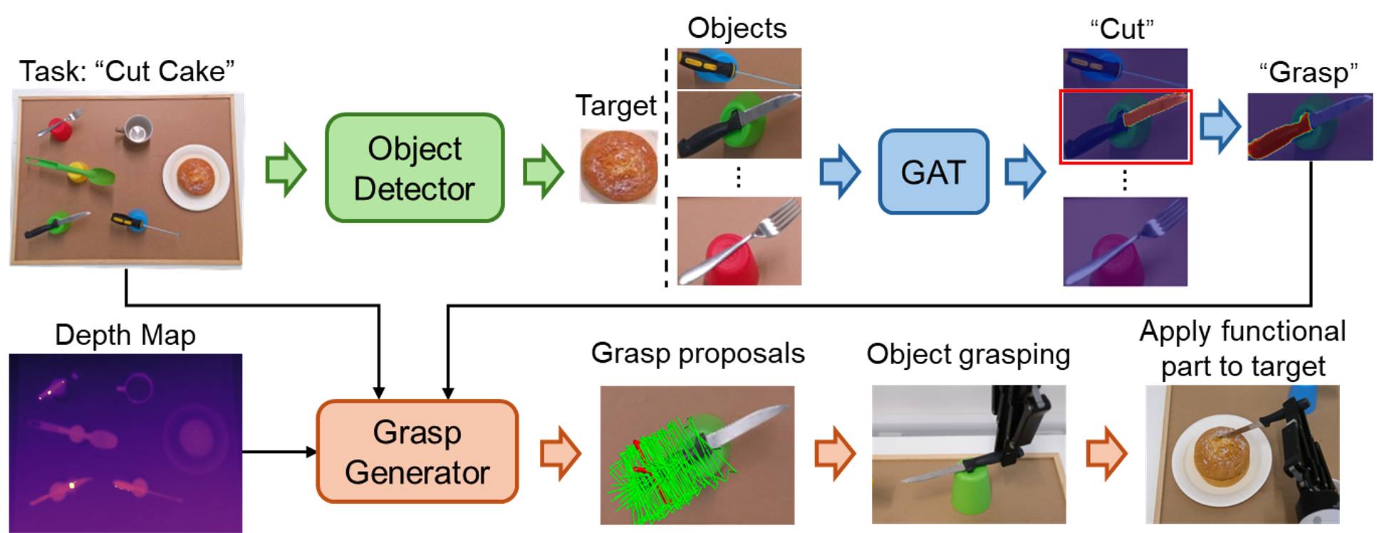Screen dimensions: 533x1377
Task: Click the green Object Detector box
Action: (x=415, y=168)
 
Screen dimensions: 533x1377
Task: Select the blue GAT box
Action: (x=933, y=172)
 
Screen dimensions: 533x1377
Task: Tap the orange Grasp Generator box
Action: (x=417, y=452)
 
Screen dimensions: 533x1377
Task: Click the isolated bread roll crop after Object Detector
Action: (x=618, y=166)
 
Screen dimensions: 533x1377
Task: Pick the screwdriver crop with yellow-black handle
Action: (x=739, y=68)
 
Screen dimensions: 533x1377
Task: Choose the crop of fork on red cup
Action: (x=739, y=241)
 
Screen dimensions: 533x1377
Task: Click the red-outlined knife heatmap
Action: (x=1126, y=127)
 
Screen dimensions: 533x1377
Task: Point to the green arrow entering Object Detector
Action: (x=286, y=170)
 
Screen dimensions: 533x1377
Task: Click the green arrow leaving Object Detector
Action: (x=544, y=172)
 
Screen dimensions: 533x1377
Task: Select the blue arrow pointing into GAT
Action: (x=841, y=172)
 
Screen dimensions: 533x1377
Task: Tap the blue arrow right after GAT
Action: (x=1025, y=172)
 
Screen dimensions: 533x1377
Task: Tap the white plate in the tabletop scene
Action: (x=196, y=177)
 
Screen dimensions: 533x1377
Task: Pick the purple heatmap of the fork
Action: (x=1125, y=242)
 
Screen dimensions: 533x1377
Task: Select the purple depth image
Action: (x=125, y=443)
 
